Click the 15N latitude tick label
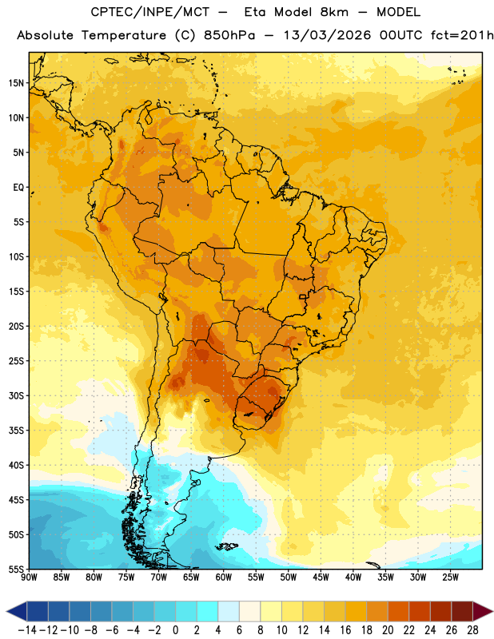(x=16, y=83)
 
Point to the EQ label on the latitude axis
(x=18, y=188)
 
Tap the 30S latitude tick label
(x=16, y=395)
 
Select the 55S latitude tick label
(x=16, y=569)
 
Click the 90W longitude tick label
(x=29, y=577)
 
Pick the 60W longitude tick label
(x=224, y=577)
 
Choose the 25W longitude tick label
(x=450, y=577)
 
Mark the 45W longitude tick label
(x=321, y=577)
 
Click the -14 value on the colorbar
(x=27, y=630)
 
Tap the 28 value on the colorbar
(x=472, y=630)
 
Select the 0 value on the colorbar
(x=176, y=630)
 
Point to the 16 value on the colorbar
(x=345, y=630)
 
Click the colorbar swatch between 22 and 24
(x=420, y=611)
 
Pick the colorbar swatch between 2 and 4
(x=208, y=611)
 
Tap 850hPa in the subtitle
(x=229, y=35)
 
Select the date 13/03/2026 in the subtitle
(x=328, y=35)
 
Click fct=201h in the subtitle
(x=462, y=35)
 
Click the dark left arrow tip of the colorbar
(x=7, y=611)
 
